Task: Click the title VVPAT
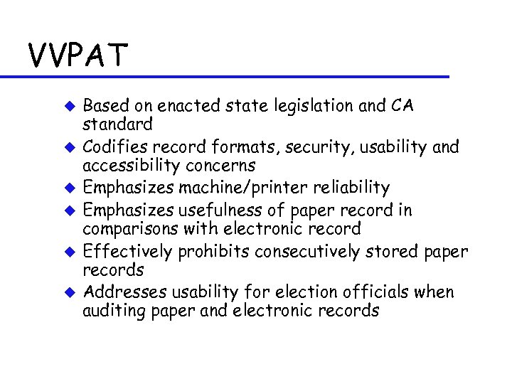[x=78, y=54]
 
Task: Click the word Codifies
[x=112, y=147]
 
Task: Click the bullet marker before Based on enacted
[x=70, y=107]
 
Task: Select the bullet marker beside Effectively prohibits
[x=70, y=252]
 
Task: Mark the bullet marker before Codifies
[x=70, y=148]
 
